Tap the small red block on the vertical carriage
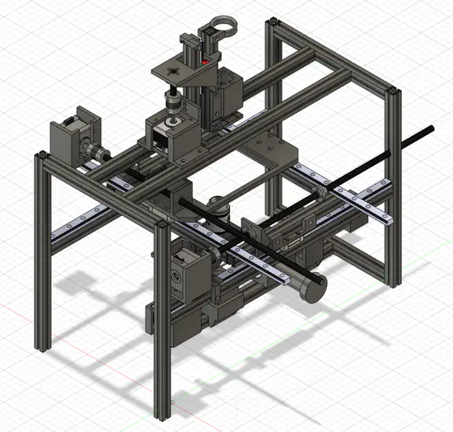[x=205, y=61]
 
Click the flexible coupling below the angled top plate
[x=174, y=104]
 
